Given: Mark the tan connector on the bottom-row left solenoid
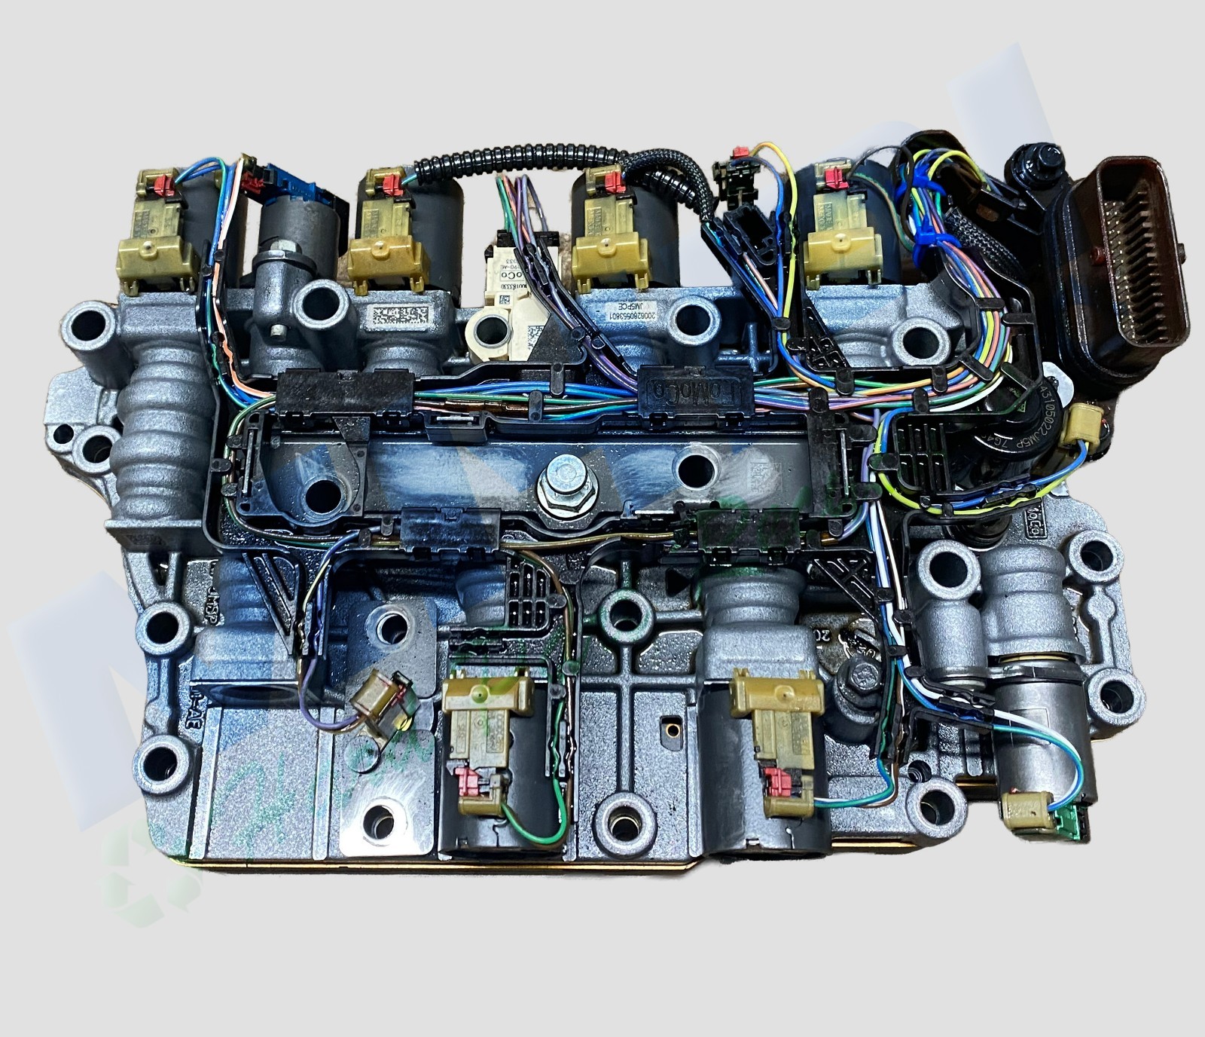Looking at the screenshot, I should point(482,708).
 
